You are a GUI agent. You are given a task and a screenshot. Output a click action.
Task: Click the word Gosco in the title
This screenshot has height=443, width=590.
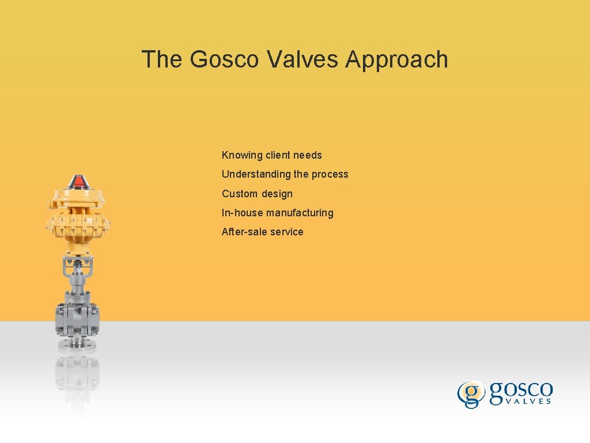pos(224,59)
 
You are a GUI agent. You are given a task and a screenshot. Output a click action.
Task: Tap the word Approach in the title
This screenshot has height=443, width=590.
pos(397,59)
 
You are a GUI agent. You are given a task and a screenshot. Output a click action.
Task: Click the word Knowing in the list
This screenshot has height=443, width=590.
pos(242,155)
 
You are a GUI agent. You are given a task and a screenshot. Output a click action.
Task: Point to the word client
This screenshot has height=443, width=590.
pos(278,155)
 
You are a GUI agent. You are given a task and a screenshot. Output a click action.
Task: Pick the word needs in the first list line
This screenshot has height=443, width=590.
pos(308,155)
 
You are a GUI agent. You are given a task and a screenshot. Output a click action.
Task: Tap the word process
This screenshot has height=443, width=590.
pos(330,174)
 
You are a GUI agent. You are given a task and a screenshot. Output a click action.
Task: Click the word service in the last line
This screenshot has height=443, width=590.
pos(289,232)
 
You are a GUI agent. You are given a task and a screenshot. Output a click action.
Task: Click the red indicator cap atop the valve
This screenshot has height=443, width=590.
pos(77,183)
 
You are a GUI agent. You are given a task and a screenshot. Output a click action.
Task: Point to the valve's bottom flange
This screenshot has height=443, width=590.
pos(77,345)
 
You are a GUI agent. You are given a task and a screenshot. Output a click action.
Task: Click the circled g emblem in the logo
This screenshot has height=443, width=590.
pos(471,394)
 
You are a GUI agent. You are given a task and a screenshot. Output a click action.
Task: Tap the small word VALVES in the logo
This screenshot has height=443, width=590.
pos(528,401)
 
